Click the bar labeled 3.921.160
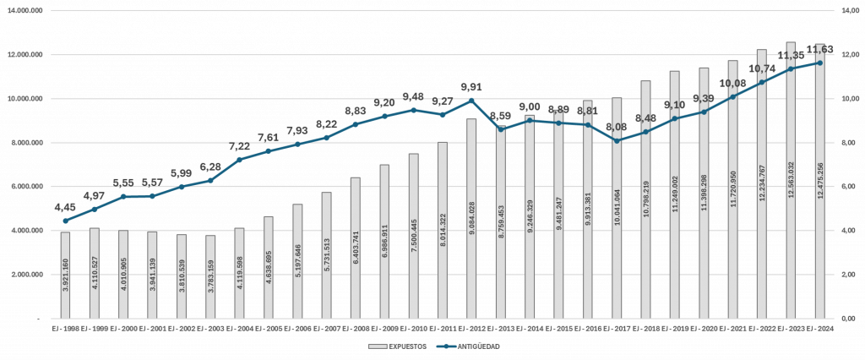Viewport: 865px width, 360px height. click(66, 275)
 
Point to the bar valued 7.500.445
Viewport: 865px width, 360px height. click(413, 236)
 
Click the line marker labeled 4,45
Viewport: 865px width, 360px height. click(66, 221)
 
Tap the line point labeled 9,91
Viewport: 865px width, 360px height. click(471, 101)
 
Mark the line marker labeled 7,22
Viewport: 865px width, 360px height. click(240, 159)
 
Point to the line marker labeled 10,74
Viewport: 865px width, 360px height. click(762, 82)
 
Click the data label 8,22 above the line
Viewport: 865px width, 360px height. click(326, 124)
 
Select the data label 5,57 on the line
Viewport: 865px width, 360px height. click(153, 183)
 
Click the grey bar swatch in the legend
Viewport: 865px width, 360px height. click(377, 346)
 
